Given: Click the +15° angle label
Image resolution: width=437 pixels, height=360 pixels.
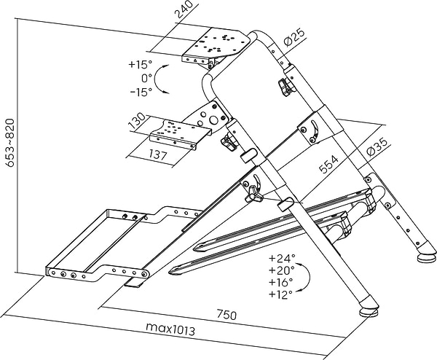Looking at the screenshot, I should (139, 64).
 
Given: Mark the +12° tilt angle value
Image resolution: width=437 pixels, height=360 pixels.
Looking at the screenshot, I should (280, 294).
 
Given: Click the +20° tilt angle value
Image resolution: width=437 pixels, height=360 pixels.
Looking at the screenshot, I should (280, 270).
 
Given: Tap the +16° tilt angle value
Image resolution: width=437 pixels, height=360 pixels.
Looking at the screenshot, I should (280, 282).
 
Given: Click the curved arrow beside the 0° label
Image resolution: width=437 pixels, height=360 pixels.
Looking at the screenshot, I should (165, 79).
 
